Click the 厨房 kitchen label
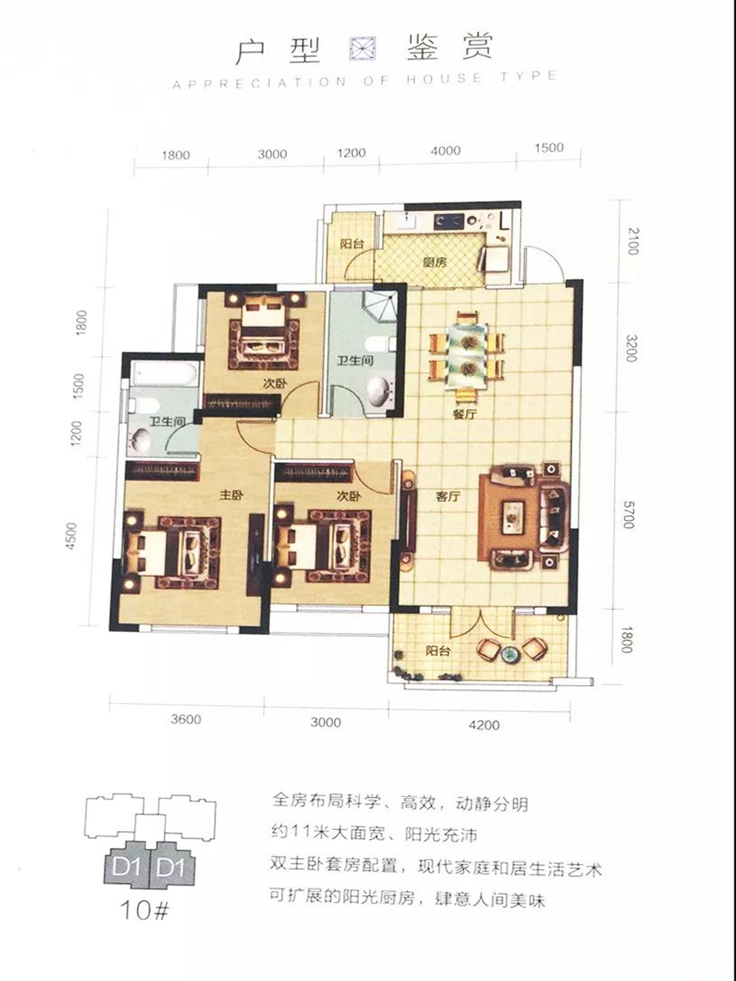(434, 262)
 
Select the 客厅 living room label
(448, 495)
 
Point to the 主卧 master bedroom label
(231, 495)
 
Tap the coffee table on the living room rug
(514, 517)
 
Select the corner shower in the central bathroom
(379, 306)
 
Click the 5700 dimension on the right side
(629, 515)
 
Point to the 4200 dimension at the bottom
(484, 724)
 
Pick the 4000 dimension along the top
(446, 150)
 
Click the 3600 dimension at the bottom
(186, 719)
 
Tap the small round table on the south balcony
(509, 654)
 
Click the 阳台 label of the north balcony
(352, 244)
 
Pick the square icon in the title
(362, 49)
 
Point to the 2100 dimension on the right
(633, 241)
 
